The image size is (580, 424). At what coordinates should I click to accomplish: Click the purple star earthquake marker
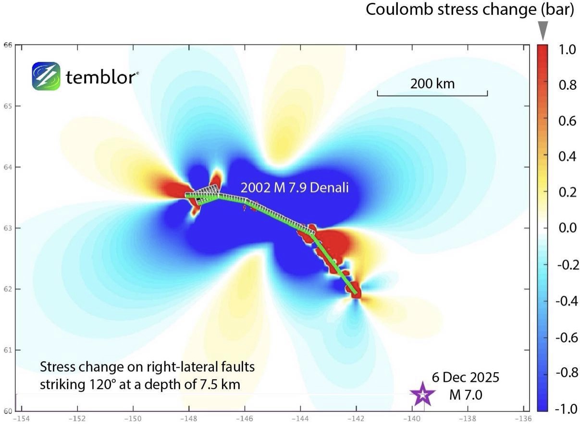422,394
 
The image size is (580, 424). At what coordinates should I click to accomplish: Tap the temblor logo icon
46,76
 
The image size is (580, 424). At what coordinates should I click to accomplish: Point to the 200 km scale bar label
432,84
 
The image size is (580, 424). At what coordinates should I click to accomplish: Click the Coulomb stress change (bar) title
470,10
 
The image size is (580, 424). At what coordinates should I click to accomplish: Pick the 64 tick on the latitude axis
7,167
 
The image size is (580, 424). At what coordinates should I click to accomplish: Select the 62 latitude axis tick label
7,289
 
